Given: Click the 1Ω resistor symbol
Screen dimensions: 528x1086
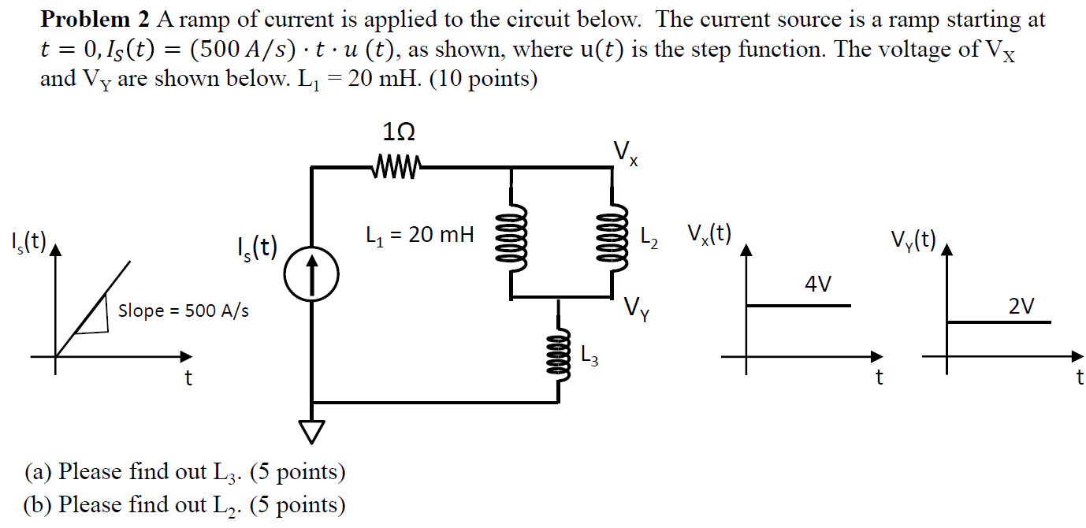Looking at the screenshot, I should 397,166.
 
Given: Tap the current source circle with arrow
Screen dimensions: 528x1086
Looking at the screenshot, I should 313,280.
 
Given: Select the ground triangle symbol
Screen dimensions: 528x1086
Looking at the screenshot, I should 313,430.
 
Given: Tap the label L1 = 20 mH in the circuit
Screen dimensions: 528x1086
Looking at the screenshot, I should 420,234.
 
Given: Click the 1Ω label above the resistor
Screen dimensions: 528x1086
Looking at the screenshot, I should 398,131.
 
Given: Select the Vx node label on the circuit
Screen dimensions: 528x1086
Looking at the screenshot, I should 626,152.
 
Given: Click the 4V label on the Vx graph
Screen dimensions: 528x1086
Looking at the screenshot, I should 818,284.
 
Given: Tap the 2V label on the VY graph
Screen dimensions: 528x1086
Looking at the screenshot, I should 1021,305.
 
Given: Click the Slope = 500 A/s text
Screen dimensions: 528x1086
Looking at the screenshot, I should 183,310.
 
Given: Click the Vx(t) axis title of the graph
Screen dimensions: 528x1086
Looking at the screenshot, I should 709,233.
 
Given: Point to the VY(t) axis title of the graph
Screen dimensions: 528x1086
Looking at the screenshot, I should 913,239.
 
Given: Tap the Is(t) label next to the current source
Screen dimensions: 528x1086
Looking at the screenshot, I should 257,247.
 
